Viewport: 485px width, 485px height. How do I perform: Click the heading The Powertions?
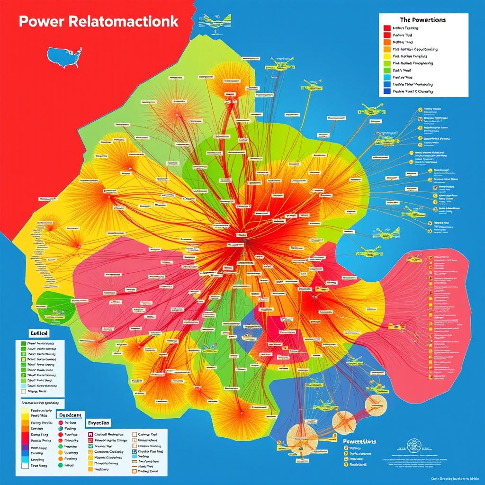[x=422, y=20]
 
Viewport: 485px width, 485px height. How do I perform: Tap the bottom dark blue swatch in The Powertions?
[x=386, y=91]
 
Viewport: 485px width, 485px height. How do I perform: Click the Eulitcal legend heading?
[x=29, y=333]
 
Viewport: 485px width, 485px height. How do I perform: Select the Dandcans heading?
[x=70, y=413]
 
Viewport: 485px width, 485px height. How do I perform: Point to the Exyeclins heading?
[x=99, y=422]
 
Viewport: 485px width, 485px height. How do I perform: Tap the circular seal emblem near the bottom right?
[x=414, y=445]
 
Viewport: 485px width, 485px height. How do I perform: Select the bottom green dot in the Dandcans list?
[x=61, y=466]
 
